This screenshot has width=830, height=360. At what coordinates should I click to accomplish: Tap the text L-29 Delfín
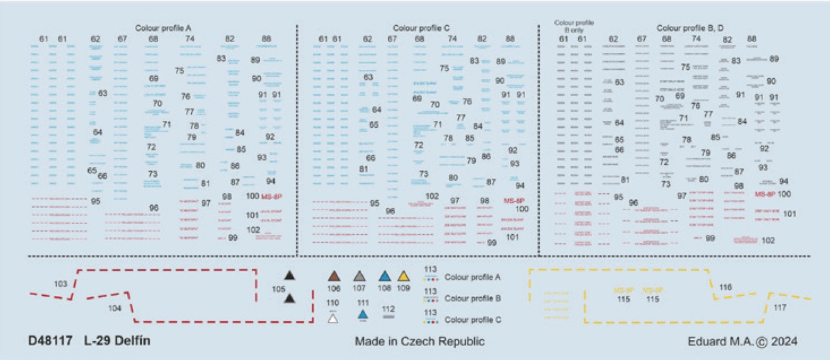117,341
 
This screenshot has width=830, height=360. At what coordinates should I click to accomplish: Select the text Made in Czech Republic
419,341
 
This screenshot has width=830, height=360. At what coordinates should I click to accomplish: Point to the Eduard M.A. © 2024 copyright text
742,341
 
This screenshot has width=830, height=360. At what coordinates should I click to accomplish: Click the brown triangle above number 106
334,276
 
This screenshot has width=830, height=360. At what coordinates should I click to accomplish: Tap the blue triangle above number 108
384,276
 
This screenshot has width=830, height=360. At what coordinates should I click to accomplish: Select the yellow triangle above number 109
404,276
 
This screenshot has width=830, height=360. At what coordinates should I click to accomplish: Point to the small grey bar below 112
389,317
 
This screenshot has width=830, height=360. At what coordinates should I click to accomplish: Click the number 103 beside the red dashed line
60,284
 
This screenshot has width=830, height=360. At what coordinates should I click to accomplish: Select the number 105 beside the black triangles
279,289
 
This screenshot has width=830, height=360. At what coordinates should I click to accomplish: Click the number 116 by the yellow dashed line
725,287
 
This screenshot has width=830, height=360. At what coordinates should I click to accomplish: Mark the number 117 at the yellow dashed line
780,308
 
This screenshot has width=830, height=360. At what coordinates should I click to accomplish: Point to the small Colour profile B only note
574,25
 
